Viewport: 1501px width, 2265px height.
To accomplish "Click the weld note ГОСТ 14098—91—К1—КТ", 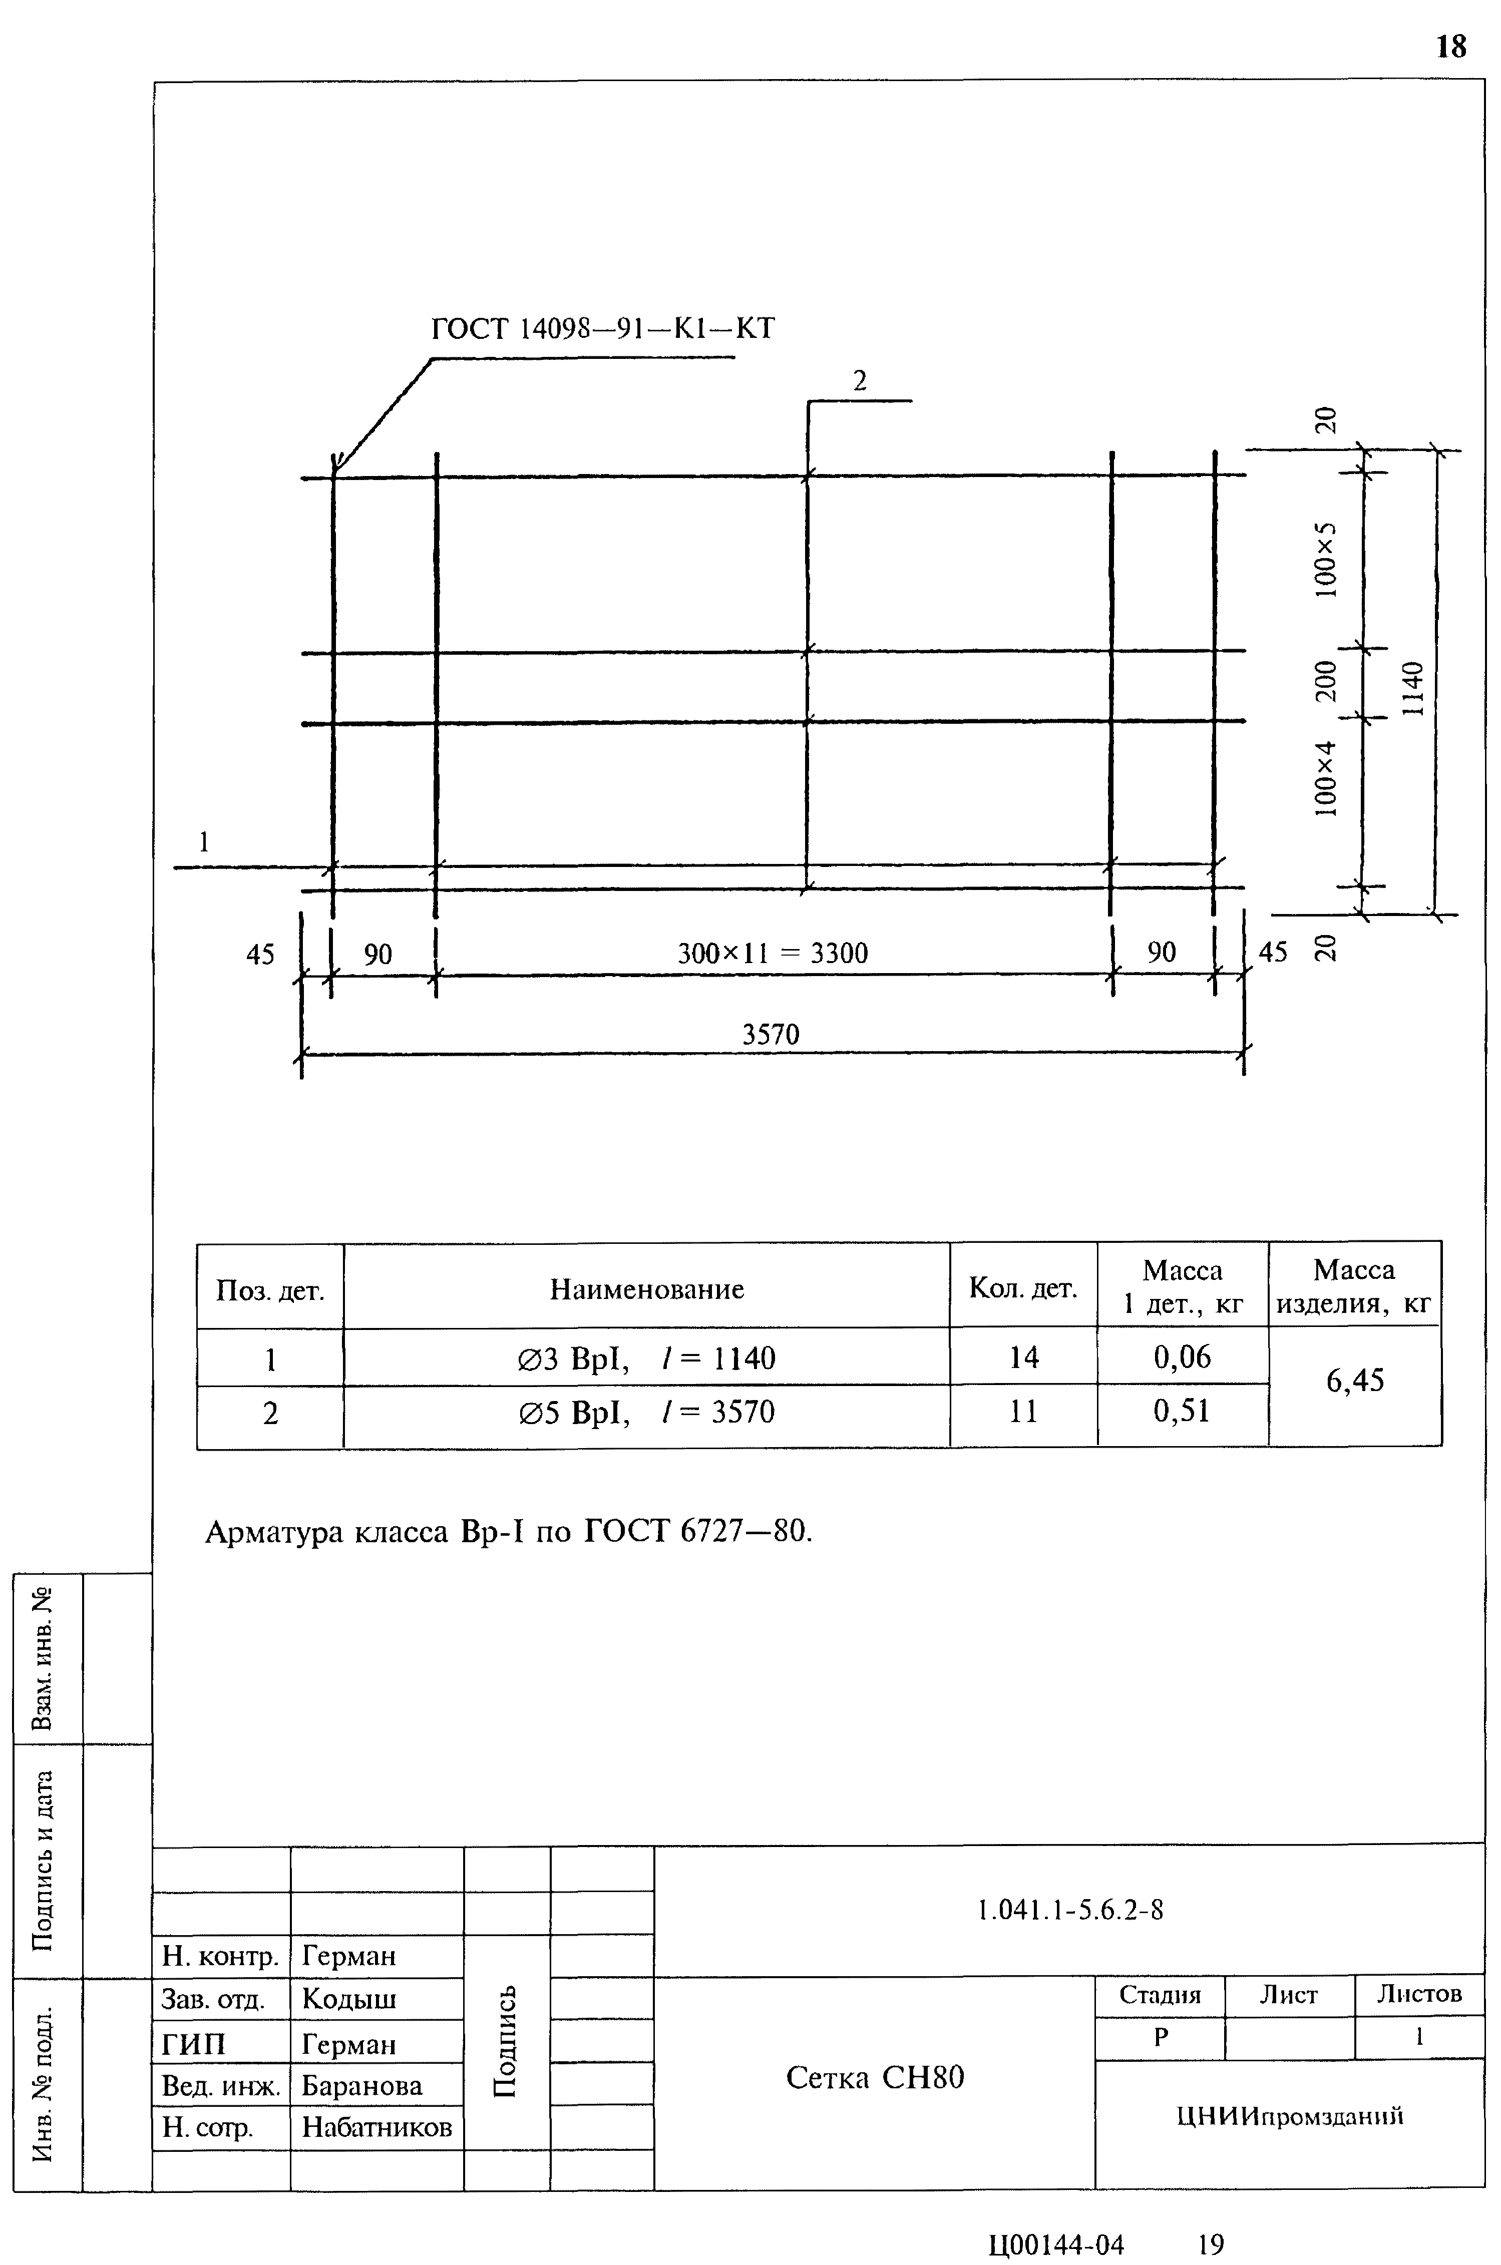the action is [x=603, y=328].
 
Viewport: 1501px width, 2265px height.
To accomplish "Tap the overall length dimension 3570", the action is [x=771, y=1035].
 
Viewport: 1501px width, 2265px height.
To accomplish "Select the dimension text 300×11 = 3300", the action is [x=773, y=953].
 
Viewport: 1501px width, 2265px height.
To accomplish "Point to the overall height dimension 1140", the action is [x=1413, y=689].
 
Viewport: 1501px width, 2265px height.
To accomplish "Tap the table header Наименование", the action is [x=647, y=1289].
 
